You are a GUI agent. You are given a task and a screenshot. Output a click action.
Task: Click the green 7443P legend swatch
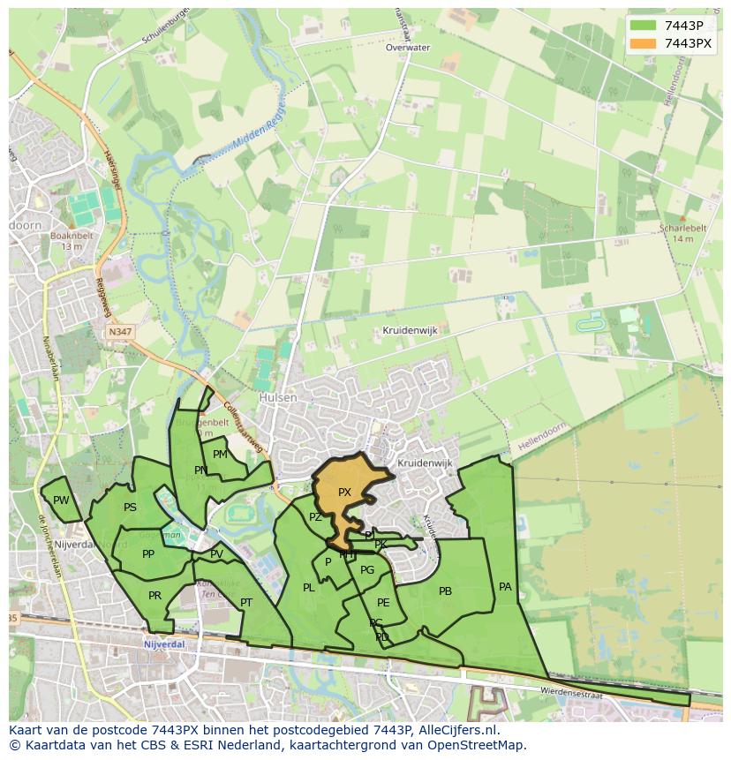click(644, 26)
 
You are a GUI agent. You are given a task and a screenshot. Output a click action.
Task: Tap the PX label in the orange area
click(344, 493)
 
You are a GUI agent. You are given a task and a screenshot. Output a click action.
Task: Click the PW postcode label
click(61, 500)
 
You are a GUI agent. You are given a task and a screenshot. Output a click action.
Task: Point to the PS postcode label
click(130, 508)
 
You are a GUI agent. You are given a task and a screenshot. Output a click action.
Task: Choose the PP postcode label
click(148, 554)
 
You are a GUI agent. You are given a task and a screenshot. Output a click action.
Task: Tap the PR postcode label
click(154, 596)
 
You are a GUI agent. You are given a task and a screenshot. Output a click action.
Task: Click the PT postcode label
click(246, 603)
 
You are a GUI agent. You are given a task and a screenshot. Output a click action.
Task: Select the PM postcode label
click(220, 455)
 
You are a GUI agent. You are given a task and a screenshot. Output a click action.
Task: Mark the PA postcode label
click(505, 586)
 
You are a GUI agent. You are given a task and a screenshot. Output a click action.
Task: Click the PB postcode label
click(445, 591)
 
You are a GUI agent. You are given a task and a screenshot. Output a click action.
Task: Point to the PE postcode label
click(383, 603)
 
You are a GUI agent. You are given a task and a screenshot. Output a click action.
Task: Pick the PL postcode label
click(308, 588)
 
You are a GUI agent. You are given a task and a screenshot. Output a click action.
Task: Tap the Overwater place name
click(407, 48)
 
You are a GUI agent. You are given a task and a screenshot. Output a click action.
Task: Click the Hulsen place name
click(278, 398)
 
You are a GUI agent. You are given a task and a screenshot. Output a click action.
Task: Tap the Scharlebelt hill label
click(683, 228)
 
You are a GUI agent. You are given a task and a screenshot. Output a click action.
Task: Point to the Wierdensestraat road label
click(571, 690)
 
